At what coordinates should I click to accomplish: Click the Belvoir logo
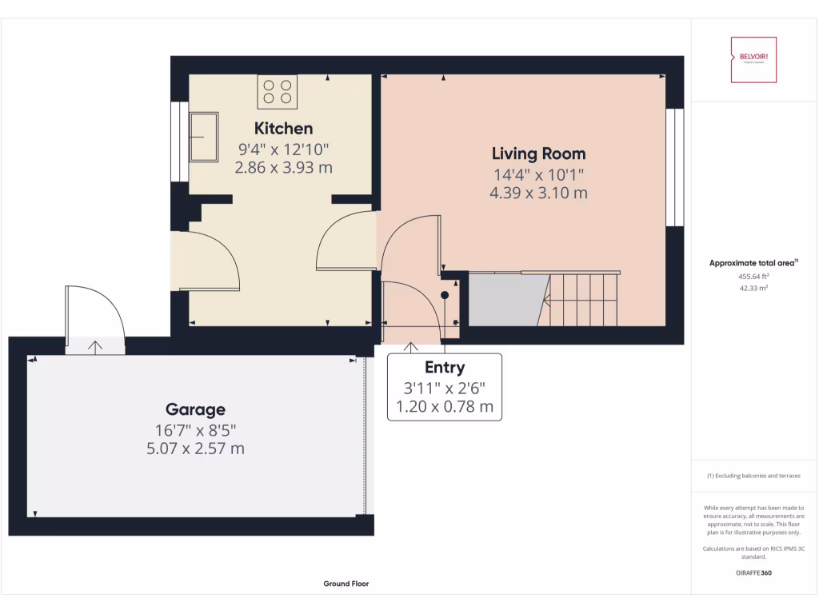[x=754, y=60]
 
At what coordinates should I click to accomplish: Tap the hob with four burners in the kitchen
[x=278, y=91]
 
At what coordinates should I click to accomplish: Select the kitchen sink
[x=204, y=137]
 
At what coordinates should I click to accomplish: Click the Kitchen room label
[x=283, y=128]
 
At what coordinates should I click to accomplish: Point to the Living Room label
[x=538, y=153]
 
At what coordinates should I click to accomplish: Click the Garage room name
[x=195, y=409]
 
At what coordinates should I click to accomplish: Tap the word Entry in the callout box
[x=445, y=368]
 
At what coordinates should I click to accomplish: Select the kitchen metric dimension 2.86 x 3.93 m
[x=283, y=168]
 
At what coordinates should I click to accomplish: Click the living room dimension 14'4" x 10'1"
[x=538, y=174]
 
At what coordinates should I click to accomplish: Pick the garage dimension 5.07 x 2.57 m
[x=195, y=449]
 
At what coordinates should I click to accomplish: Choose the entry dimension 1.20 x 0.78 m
[x=445, y=409]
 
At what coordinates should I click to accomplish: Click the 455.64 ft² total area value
[x=754, y=277]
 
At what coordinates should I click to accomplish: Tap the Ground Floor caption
[x=346, y=584]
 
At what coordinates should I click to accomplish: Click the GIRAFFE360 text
[x=754, y=572]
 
